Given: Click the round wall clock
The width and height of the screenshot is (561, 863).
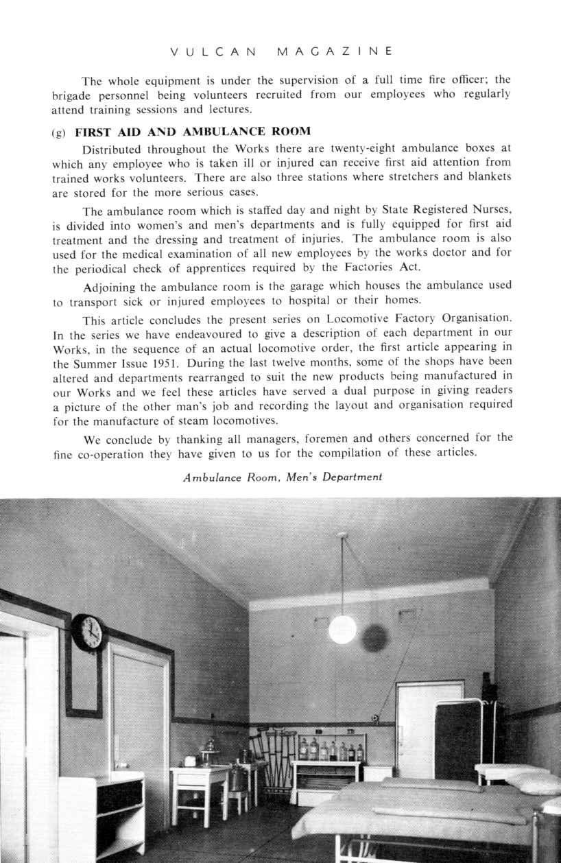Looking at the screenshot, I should tap(88, 633).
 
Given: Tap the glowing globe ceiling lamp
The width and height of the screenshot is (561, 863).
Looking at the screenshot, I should tap(342, 629).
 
